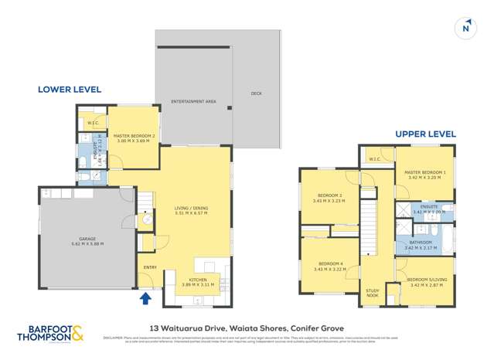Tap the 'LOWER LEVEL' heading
(x=70, y=90)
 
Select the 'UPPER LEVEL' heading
(x=425, y=134)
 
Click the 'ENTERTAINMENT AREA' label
(x=194, y=101)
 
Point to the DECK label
(x=256, y=93)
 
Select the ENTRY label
(x=149, y=268)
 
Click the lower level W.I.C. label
(x=92, y=122)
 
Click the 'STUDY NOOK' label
(x=373, y=293)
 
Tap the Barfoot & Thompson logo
(x=50, y=334)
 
